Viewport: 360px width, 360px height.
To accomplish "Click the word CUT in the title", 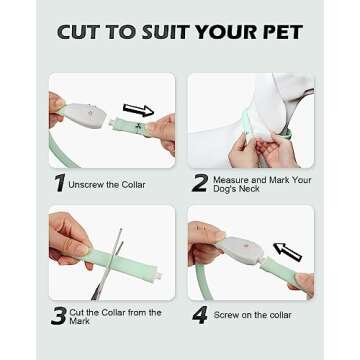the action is (x=78, y=32).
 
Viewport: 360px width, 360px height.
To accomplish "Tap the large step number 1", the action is (x=60, y=183).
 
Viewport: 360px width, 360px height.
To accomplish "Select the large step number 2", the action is (x=200, y=183).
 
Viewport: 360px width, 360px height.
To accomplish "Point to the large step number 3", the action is (x=59, y=315).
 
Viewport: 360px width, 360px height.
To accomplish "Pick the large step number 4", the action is (x=200, y=315).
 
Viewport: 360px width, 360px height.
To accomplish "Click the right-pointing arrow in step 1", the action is (x=138, y=110).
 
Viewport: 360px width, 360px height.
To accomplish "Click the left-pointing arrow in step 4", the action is (x=287, y=252).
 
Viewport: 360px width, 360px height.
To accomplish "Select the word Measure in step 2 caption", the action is (x=231, y=180).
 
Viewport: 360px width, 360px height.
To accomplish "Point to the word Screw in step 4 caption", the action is (x=226, y=315).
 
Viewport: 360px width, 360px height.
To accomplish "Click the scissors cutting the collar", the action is (x=109, y=264).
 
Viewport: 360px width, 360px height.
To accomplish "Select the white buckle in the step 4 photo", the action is (x=240, y=249).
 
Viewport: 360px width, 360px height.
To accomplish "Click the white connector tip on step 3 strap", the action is (x=158, y=276).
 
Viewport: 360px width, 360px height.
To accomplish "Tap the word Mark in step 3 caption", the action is (x=80, y=321).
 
